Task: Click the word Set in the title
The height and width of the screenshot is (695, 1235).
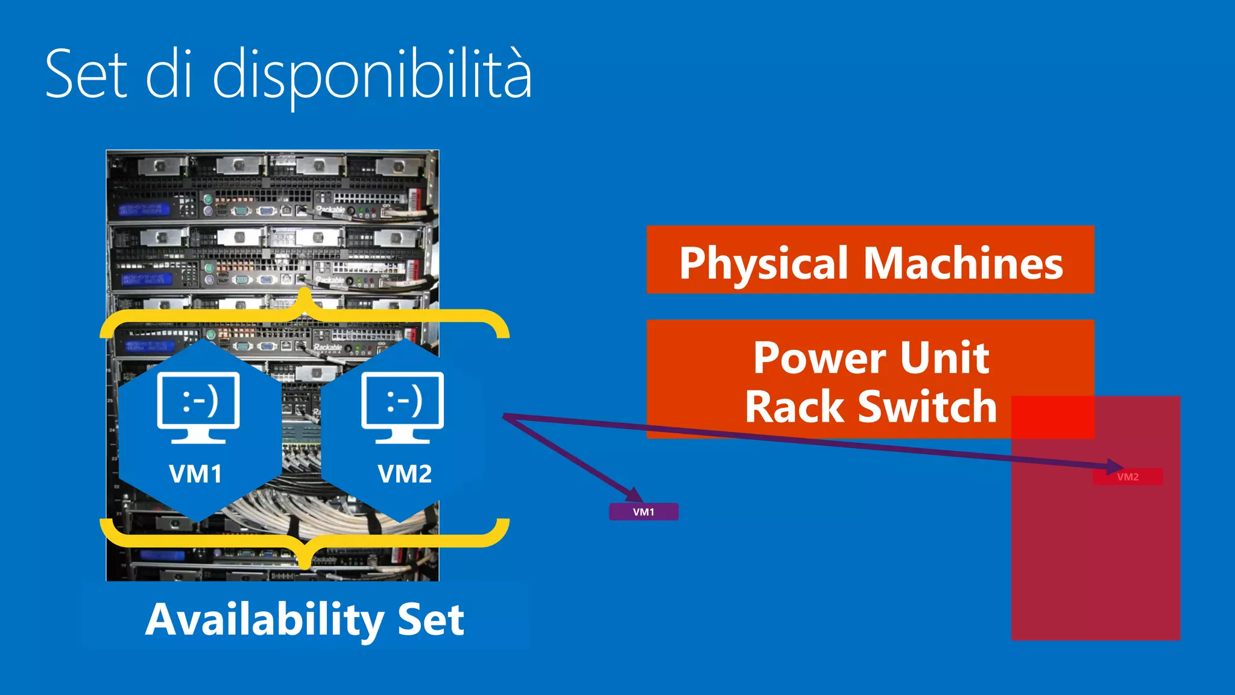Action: (x=86, y=74)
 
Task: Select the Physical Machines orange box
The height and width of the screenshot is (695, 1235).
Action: (x=870, y=259)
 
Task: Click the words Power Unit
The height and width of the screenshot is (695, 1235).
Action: (x=871, y=357)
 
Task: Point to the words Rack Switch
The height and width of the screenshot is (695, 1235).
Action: (x=871, y=407)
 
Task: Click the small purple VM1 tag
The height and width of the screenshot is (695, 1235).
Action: (x=643, y=512)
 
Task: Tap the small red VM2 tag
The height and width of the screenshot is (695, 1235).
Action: (x=1128, y=477)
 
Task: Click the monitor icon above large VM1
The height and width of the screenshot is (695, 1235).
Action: (x=198, y=407)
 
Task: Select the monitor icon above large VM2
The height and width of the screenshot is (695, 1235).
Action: (x=402, y=407)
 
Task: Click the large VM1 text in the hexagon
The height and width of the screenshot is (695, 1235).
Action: (x=195, y=474)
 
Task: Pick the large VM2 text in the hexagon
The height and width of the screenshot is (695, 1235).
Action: (x=405, y=474)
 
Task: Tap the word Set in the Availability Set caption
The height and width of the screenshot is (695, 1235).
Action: (x=431, y=620)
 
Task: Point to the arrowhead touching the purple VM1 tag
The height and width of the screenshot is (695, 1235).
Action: (x=634, y=495)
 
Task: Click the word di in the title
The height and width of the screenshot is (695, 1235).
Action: (x=169, y=74)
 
